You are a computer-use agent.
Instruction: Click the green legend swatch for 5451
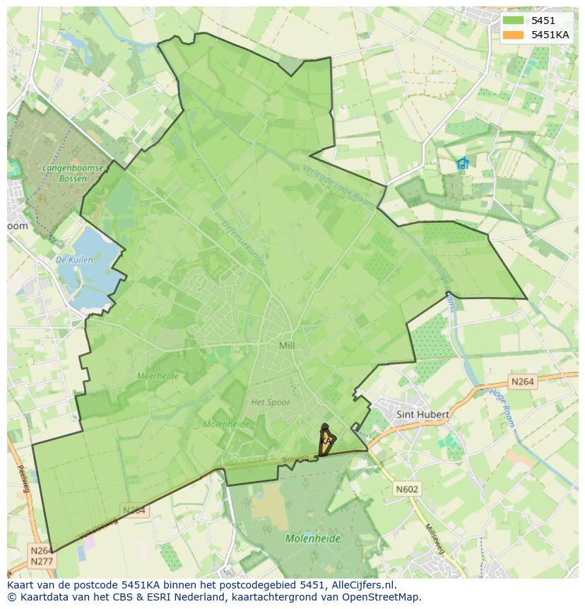(x=514, y=21)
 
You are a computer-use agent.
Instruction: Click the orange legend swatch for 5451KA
(x=514, y=35)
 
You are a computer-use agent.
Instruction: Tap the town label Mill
(x=287, y=345)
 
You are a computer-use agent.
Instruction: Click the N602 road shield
(x=406, y=489)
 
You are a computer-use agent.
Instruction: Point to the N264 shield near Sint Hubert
(x=522, y=382)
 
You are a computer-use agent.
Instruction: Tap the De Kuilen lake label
(x=74, y=260)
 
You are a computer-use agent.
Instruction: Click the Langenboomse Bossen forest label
(x=73, y=173)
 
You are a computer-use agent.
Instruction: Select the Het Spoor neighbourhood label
(x=271, y=402)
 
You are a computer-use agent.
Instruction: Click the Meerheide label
(x=158, y=376)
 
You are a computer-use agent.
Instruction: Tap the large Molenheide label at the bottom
(x=312, y=538)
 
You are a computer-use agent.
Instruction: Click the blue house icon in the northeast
(x=463, y=164)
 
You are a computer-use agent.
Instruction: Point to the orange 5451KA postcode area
(x=324, y=442)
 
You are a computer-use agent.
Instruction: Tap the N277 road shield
(x=42, y=562)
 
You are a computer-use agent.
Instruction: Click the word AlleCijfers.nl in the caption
(x=363, y=585)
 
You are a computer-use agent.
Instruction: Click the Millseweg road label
(x=436, y=541)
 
